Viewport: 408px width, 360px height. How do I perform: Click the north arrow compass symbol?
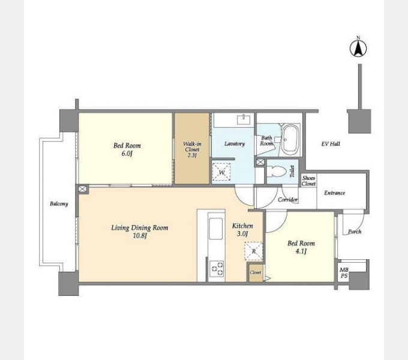tap(358, 49)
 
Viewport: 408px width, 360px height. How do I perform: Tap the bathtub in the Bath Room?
tap(290, 140)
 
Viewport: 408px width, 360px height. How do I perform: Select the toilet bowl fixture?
tap(277, 172)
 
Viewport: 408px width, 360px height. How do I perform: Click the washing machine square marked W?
tap(221, 172)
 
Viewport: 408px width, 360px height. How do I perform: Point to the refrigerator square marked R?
tap(254, 251)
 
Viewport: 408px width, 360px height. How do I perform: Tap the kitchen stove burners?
tap(217, 268)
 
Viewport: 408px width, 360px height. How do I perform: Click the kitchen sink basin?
tap(216, 229)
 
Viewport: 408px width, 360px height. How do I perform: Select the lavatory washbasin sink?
tap(244, 120)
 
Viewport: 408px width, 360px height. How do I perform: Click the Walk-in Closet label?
tap(192, 149)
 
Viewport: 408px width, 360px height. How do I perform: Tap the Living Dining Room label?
tap(140, 232)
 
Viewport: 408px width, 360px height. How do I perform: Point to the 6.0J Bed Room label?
tap(127, 149)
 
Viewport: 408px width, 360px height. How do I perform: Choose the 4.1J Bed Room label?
tap(301, 247)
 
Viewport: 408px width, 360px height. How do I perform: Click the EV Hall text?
tap(331, 144)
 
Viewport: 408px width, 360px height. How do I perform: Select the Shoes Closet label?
tap(308, 181)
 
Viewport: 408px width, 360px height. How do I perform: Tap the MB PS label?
tap(344, 273)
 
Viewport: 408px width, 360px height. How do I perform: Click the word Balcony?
tap(59, 203)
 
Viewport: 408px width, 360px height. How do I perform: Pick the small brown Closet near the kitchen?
tap(256, 272)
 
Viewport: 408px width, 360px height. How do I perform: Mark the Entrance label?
tap(335, 193)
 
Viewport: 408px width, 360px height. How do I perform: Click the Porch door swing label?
tap(355, 232)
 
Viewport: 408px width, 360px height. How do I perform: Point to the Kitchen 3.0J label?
tap(242, 230)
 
